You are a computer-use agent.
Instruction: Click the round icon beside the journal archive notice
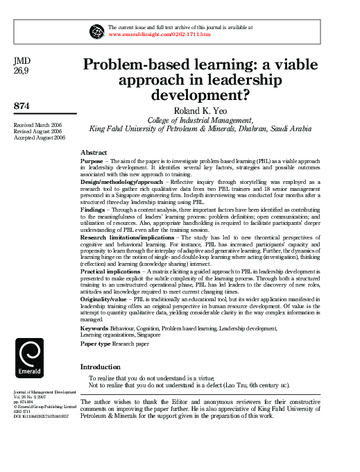pos(96,31)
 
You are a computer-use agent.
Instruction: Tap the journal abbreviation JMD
pos(22,61)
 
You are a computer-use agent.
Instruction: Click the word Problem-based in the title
pos(136,65)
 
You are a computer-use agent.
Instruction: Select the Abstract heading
pos(94,151)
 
